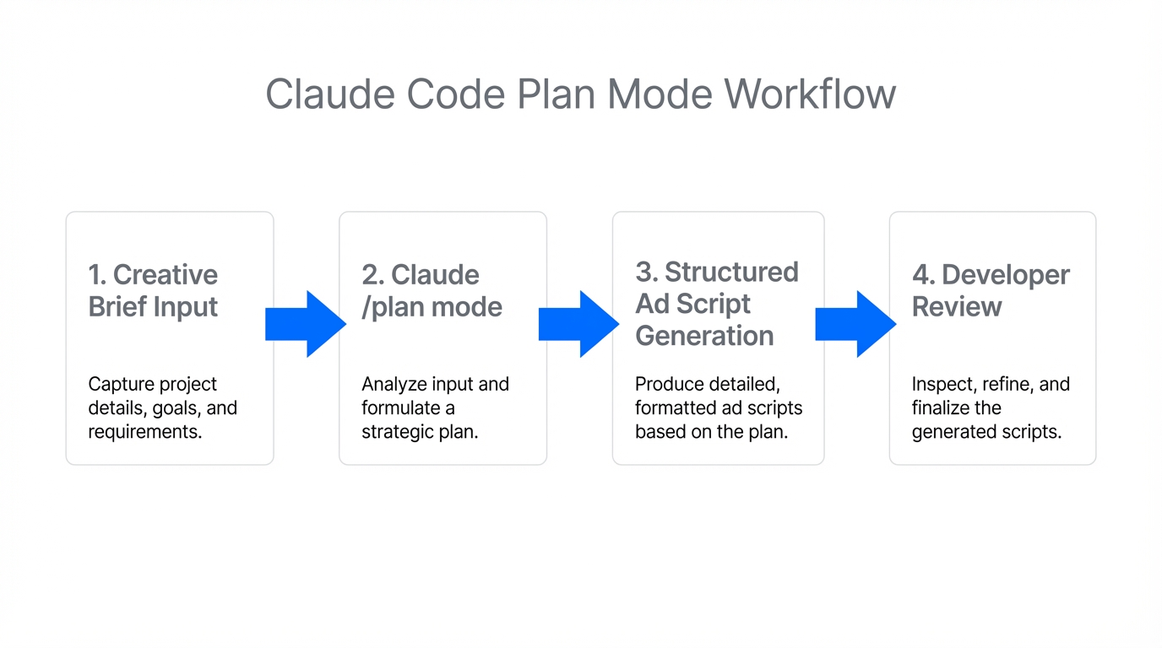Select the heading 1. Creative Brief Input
[x=153, y=290]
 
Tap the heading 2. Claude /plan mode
[x=432, y=290]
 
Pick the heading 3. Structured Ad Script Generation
[x=716, y=304]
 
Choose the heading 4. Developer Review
[x=990, y=290]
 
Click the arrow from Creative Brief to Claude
[x=306, y=324]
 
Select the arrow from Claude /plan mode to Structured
[x=579, y=324]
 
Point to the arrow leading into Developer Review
[x=855, y=324]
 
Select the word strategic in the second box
[x=397, y=432]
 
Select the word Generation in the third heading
[x=704, y=336]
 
